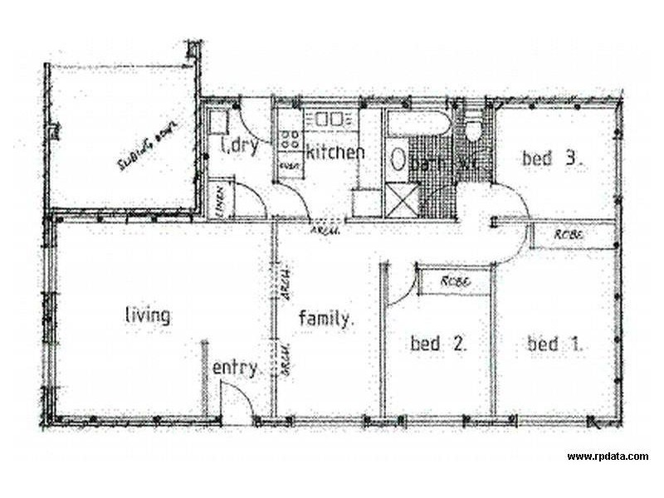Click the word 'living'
click(148, 315)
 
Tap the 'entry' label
click(236, 368)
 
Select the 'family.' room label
click(327, 317)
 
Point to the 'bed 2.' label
click(439, 343)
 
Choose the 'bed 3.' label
click(550, 158)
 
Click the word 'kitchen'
click(335, 153)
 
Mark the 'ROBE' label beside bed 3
click(569, 236)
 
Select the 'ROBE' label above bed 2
click(456, 281)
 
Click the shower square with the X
click(403, 202)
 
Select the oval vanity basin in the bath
click(398, 159)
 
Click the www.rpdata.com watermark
click(608, 456)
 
